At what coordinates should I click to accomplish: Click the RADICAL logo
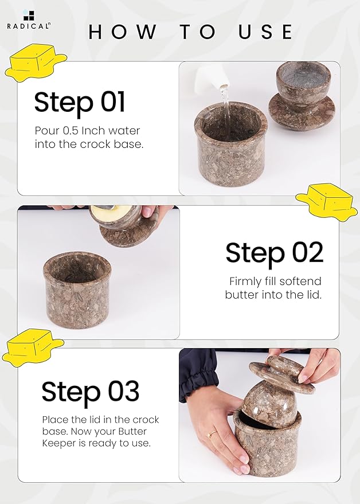(28, 19)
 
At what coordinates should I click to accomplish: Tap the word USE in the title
(265, 32)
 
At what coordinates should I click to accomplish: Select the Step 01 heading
(79, 102)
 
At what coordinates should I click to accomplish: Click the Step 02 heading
(274, 253)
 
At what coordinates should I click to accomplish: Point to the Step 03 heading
(91, 391)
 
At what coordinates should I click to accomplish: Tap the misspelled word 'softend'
(300, 282)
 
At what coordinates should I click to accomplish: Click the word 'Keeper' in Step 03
(57, 444)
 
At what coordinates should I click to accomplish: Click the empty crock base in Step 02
(77, 290)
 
